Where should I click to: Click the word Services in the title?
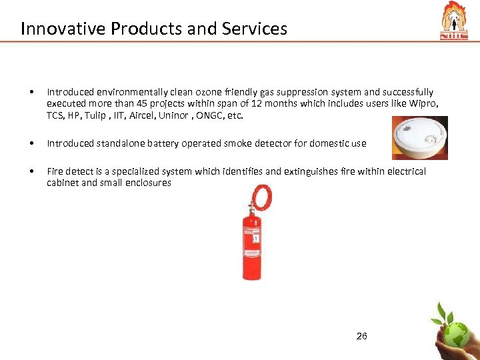tap(259, 29)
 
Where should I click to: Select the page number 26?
tap(361, 336)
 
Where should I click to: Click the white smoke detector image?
tap(419, 138)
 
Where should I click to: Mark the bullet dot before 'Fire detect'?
tap(31, 171)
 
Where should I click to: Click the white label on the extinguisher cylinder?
tap(251, 237)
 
